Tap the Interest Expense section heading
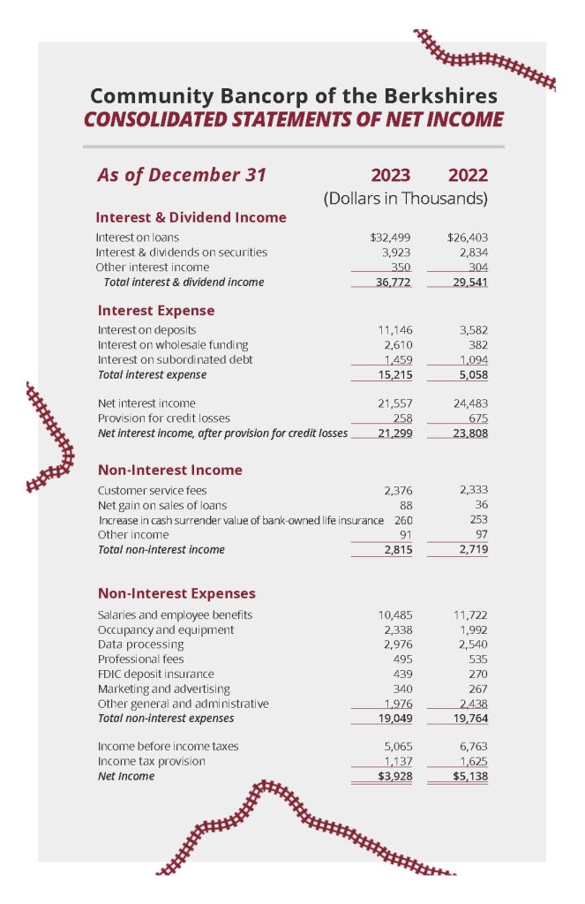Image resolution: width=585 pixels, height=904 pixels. click(155, 311)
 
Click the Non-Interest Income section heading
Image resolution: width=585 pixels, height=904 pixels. click(169, 470)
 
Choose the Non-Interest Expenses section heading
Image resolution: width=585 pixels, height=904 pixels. click(176, 593)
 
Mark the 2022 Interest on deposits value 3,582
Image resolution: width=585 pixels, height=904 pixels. click(471, 329)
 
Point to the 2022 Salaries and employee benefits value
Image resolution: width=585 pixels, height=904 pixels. click(471, 614)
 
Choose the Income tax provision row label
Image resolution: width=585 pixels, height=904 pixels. click(151, 761)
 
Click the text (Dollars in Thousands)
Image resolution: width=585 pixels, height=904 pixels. click(406, 199)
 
